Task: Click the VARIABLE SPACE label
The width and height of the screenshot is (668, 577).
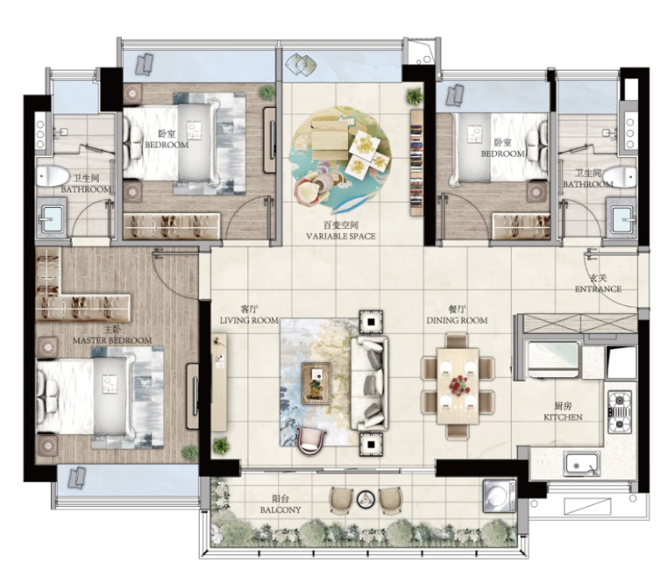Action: tap(341, 236)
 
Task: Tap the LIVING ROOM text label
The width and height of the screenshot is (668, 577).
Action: tap(249, 320)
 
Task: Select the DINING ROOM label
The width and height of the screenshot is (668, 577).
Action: tap(457, 320)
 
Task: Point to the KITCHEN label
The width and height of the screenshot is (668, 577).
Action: tap(563, 417)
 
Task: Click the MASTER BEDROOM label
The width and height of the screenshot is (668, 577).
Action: tap(112, 340)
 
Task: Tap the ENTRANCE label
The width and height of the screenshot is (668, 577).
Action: tap(598, 289)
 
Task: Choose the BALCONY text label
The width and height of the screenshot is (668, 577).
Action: tap(281, 509)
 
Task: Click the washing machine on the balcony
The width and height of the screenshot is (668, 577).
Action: tap(499, 496)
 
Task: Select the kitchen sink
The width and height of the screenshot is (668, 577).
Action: tap(582, 463)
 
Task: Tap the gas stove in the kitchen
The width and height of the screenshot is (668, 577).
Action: tap(620, 412)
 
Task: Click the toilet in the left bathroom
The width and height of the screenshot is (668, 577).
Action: tap(53, 176)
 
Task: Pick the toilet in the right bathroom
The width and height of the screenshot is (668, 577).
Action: tap(620, 177)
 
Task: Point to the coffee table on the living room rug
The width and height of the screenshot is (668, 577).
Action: tap(316, 383)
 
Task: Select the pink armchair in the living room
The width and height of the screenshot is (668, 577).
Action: tap(311, 441)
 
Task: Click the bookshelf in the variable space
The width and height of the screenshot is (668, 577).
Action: tap(416, 162)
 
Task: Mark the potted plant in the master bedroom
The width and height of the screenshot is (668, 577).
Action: tap(190, 453)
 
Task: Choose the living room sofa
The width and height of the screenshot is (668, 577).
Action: tap(369, 383)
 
